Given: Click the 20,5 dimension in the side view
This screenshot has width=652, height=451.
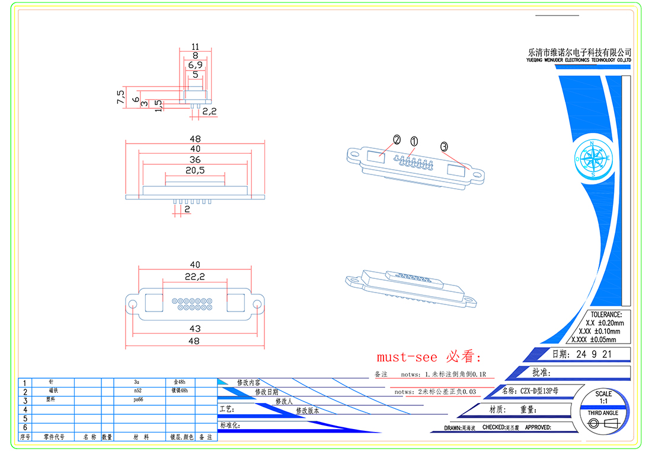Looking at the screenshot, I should click(x=195, y=170).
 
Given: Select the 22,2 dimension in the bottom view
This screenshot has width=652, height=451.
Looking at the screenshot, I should click(x=195, y=277).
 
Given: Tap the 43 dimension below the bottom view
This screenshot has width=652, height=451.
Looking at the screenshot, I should click(x=195, y=328).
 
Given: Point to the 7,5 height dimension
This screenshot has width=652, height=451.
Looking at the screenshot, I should click(x=121, y=97).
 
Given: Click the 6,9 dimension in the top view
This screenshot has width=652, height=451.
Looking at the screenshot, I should click(x=195, y=64).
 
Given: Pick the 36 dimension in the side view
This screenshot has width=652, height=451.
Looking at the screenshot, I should click(x=195, y=160).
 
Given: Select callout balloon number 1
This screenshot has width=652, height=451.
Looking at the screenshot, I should click(x=414, y=141).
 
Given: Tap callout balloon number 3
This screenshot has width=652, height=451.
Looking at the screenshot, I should click(x=444, y=146).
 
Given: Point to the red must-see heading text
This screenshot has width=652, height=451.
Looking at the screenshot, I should click(x=430, y=357).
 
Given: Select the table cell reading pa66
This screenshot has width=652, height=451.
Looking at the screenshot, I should click(x=138, y=400).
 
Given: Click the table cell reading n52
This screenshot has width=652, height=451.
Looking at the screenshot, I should click(x=138, y=391).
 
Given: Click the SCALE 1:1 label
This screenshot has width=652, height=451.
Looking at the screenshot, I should click(x=603, y=398).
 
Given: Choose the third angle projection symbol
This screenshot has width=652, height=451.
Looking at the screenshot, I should click(x=603, y=423).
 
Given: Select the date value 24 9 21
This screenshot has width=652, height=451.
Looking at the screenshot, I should click(x=590, y=355).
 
